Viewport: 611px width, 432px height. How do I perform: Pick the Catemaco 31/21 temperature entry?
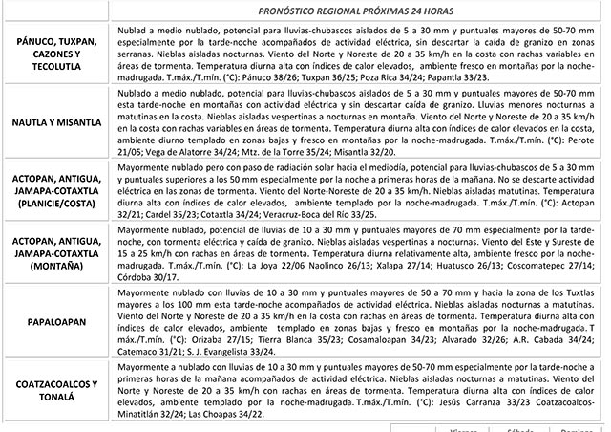149,352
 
